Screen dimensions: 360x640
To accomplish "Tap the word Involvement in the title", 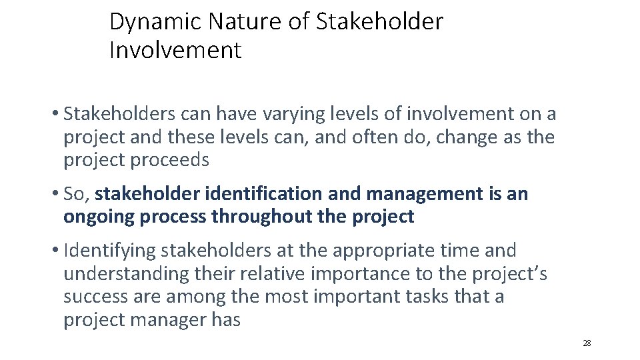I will (x=175, y=51).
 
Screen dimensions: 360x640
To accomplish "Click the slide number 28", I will (x=587, y=343).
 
